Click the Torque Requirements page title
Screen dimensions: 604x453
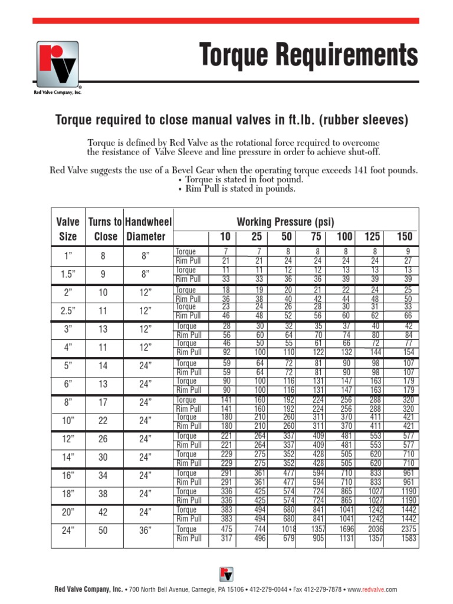[309, 56]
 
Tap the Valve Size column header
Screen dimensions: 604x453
[68, 229]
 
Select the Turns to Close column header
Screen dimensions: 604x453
[105, 229]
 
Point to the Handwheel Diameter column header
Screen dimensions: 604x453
[149, 229]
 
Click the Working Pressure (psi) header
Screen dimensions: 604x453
[285, 222]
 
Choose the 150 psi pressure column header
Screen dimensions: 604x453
[405, 237]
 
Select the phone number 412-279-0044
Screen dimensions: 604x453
[268, 589]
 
